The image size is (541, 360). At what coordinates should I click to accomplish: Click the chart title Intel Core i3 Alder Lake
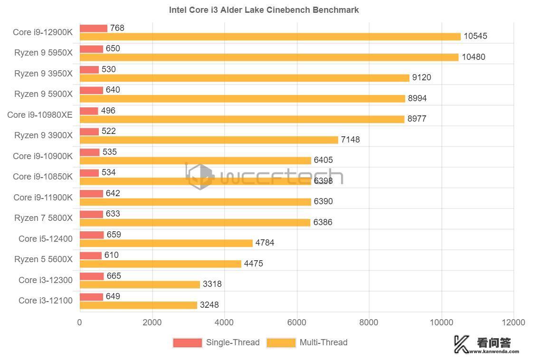coord(264,9)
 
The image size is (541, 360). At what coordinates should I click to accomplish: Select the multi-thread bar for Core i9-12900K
coord(270,37)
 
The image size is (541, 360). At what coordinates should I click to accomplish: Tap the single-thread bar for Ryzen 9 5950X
coord(91,49)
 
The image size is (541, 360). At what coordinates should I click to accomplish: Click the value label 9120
coord(422,77)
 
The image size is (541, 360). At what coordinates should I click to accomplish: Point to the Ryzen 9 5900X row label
coord(43,94)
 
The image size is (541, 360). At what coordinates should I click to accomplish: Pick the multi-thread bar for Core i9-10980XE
coord(242,119)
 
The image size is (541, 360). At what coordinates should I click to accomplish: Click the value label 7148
coord(350,140)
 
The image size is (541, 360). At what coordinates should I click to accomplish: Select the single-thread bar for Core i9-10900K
coord(89,152)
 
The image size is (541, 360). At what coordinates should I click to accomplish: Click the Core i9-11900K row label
coord(43,198)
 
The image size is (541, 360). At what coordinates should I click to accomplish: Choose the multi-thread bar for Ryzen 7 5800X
coord(195,222)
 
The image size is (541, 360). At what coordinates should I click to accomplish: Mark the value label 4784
coord(265,243)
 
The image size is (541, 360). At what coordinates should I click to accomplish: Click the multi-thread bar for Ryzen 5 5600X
coord(160,264)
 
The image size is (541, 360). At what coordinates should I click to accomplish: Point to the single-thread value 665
coord(114,276)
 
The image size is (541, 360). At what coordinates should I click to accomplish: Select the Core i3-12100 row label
coord(46,301)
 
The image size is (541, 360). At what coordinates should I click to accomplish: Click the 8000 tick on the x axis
coord(369,322)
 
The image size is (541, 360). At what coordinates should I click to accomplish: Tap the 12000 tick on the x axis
coord(513,322)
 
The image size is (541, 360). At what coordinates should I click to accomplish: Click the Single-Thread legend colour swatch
coord(187,342)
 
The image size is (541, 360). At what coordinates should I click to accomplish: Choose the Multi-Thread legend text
coord(323,342)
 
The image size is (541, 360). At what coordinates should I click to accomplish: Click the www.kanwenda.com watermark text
coord(494,352)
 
